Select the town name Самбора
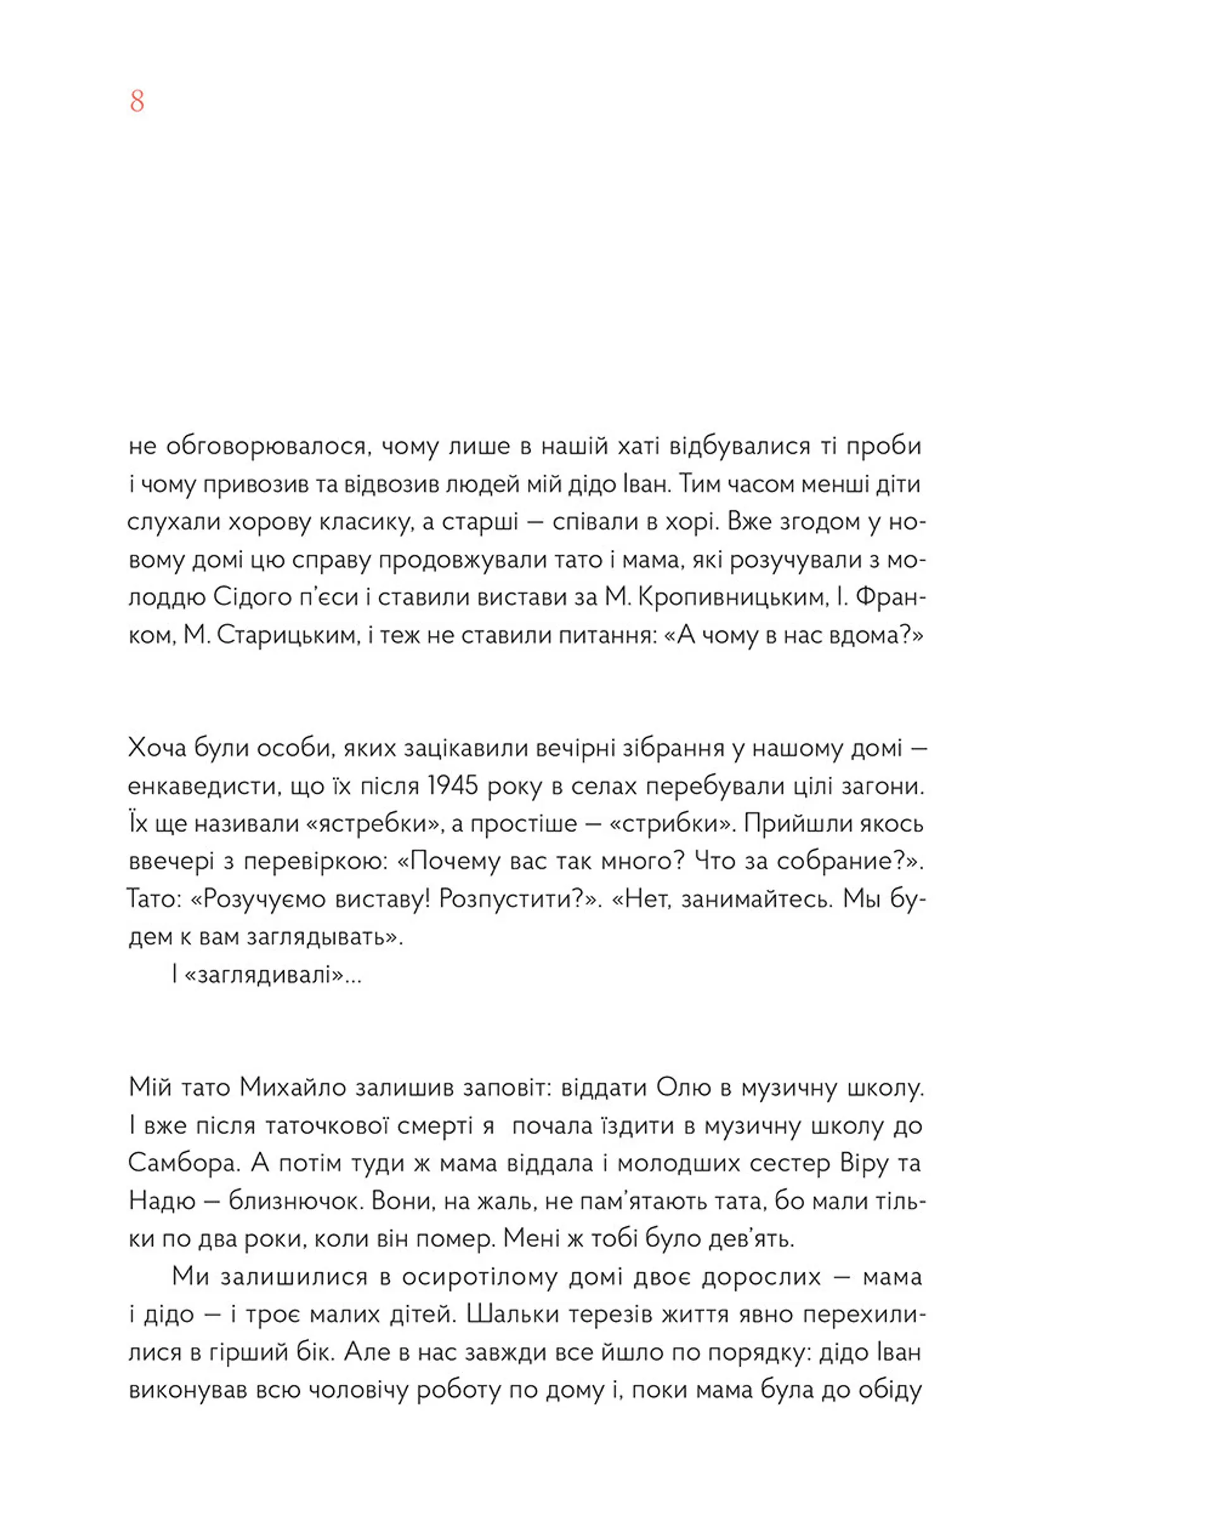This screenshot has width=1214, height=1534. coord(183,1163)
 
